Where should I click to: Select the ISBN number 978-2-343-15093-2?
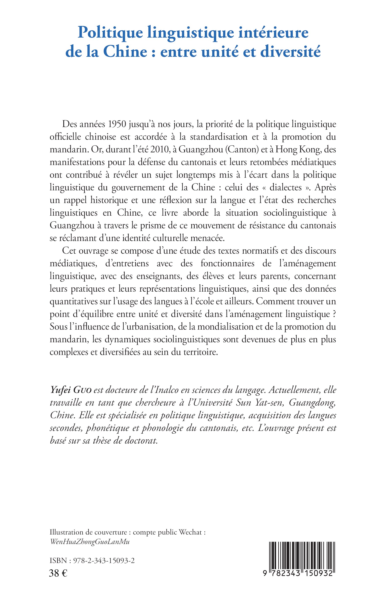(104, 561)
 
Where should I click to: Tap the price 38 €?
(58, 573)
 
